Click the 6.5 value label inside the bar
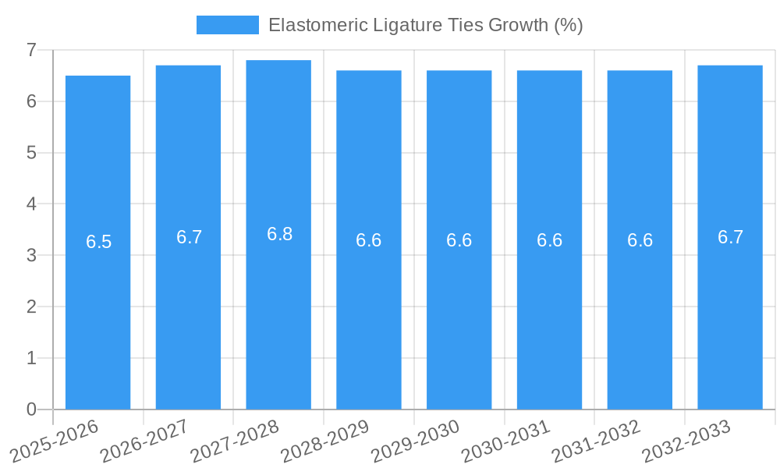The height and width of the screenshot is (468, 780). tap(99, 242)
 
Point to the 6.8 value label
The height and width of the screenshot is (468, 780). tap(279, 234)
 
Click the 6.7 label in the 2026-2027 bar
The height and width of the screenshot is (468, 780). tap(189, 237)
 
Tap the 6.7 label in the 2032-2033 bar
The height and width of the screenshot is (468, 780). tap(730, 237)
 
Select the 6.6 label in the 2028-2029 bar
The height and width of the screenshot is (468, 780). tap(369, 240)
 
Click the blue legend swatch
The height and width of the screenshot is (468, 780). tap(227, 25)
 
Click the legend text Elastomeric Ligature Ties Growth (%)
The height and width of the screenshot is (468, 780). tap(425, 25)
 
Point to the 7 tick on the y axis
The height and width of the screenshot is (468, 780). tap(32, 50)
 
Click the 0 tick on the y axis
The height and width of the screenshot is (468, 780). tap(32, 409)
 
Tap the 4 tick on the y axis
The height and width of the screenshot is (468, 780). tap(32, 204)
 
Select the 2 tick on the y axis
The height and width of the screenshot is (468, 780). tap(32, 307)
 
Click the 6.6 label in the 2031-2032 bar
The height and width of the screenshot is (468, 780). tap(640, 240)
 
